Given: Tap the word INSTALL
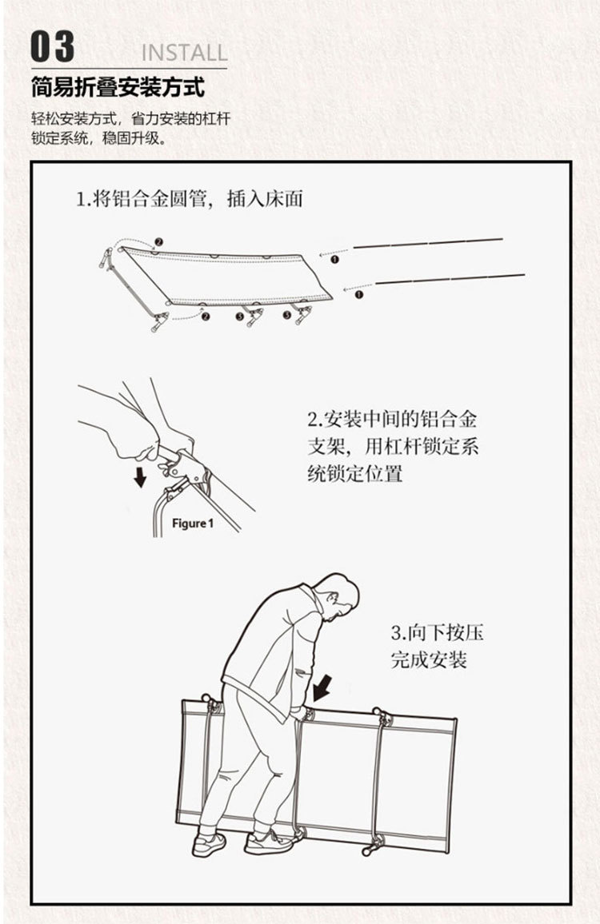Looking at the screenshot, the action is (x=184, y=54).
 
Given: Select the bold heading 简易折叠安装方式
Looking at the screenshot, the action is (x=118, y=86).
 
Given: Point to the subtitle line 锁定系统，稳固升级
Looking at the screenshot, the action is (x=98, y=139).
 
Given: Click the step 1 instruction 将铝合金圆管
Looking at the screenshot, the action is (x=190, y=199).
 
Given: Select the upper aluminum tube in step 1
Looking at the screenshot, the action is (x=428, y=243).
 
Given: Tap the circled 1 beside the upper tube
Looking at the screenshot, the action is (x=334, y=259).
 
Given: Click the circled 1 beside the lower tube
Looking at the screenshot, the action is (x=358, y=294).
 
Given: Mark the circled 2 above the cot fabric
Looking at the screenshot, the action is (x=158, y=241).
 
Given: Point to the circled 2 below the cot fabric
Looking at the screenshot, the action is (x=206, y=317).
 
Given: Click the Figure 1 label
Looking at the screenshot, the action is (x=193, y=524).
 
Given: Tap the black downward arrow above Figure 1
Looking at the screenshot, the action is (x=141, y=477).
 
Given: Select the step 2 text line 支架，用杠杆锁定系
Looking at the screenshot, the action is (x=393, y=446).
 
